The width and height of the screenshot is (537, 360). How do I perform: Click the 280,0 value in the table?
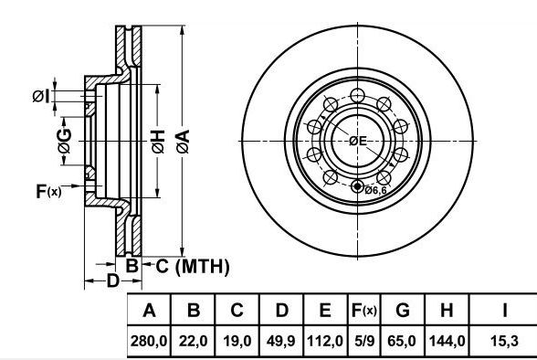(149, 341)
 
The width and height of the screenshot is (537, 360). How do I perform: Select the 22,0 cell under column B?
(194, 341)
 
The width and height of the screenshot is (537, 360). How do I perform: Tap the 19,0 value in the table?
(237, 341)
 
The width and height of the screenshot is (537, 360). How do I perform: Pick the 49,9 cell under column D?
(281, 341)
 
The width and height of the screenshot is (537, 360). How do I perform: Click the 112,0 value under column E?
(325, 341)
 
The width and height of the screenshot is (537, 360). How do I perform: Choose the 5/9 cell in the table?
(364, 341)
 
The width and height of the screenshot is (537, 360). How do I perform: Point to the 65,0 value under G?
(402, 341)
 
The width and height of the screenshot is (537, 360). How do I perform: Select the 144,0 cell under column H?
(447, 341)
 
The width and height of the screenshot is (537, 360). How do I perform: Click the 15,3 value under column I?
(504, 341)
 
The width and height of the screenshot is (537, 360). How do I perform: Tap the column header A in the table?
(149, 311)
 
